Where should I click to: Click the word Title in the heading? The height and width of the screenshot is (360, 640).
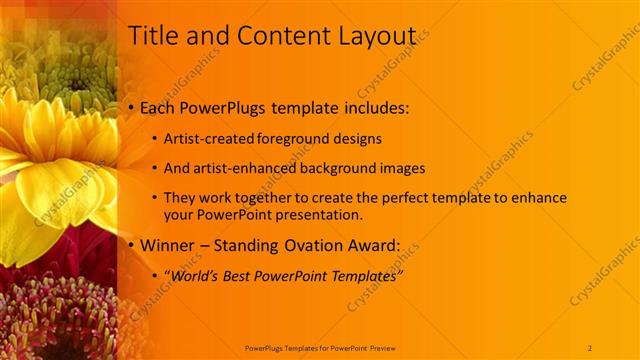tap(153, 36)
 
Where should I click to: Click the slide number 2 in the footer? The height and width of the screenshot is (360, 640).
tap(591, 347)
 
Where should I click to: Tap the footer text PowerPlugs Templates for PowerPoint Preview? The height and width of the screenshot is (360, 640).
tap(320, 347)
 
